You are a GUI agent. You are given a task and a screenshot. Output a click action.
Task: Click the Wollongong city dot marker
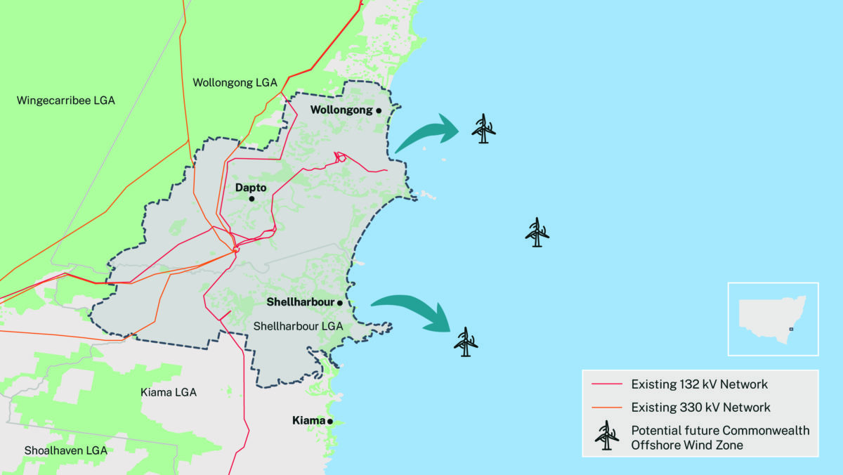coord(378,111)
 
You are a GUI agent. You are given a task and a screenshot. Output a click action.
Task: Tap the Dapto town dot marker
coord(251,199)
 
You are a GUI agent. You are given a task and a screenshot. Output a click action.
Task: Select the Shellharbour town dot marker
coord(339,303)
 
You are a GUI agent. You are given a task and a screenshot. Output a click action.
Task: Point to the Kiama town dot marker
coord(329,422)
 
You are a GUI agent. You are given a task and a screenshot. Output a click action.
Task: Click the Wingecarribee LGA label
coord(65,100)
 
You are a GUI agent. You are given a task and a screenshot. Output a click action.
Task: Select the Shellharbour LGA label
coord(298,326)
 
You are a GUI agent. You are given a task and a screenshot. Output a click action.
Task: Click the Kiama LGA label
coord(169,392)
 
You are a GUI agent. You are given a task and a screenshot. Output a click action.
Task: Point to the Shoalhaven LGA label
coord(65,450)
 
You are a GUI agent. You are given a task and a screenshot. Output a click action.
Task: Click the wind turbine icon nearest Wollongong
coord(483,129)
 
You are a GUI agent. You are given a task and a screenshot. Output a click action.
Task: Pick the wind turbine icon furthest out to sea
coord(537,233)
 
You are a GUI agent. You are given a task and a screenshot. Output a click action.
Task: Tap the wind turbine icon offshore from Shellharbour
coord(465,342)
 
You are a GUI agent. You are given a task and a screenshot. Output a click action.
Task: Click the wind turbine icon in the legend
coord(607,436)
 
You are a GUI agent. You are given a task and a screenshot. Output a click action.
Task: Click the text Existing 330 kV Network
coord(700,408)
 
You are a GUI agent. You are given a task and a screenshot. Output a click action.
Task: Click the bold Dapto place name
coord(251,188)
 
